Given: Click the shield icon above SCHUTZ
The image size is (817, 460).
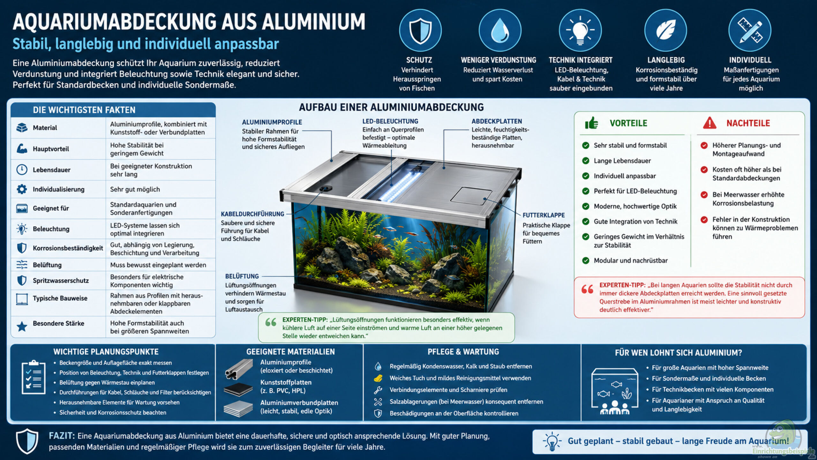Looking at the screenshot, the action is point(420,31).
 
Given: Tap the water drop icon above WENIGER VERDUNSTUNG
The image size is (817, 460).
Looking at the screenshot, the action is point(500,31).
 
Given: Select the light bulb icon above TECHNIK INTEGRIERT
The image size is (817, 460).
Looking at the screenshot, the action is point(580,31).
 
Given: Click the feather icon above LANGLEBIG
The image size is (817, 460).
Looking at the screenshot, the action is point(666,31).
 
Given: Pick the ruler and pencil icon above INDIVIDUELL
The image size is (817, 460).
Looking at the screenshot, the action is point(750,31).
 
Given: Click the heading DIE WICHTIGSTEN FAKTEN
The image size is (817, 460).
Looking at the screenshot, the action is point(84,110).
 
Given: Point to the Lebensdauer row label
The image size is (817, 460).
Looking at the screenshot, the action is point(51,170).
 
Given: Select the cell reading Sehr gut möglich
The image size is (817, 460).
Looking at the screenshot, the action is point(135,189).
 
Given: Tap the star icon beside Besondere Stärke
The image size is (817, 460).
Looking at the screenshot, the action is point(22,326).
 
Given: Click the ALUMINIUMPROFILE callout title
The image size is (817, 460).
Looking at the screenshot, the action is point(272,122).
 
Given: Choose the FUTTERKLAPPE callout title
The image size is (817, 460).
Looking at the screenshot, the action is point(543,215).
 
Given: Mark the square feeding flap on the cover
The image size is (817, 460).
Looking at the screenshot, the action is point(471,195).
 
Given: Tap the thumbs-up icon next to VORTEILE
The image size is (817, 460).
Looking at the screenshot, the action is point(591,123).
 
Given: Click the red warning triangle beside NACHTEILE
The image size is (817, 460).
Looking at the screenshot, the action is point(709,123).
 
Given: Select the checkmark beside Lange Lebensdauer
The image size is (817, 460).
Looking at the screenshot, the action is point(586,161).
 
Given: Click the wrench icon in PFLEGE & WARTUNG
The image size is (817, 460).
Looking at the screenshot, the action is point(378,390).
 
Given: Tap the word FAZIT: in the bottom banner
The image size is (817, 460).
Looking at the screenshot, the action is point(62,436).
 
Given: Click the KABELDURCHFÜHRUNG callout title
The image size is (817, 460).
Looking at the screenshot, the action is point(252,214).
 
